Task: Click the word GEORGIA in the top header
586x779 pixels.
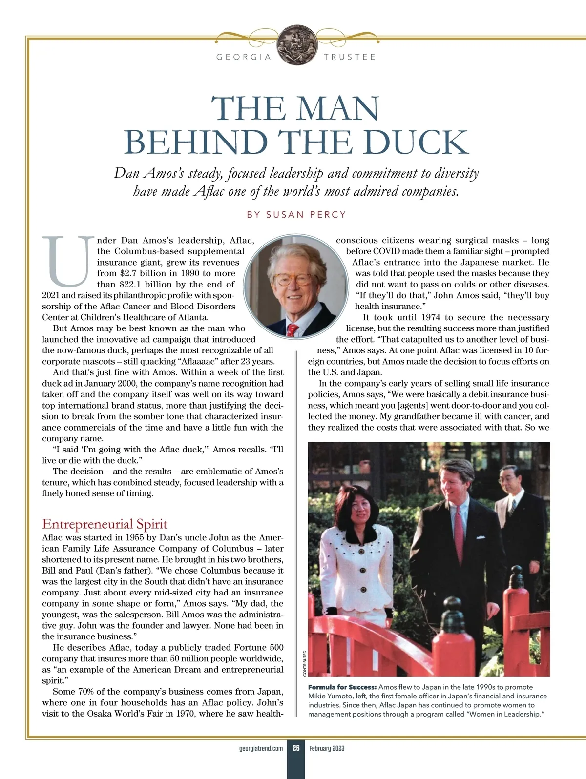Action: click(x=244, y=57)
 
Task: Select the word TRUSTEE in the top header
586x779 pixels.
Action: click(x=350, y=57)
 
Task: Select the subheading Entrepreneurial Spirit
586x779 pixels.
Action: click(x=105, y=524)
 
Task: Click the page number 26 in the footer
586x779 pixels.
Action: click(x=296, y=748)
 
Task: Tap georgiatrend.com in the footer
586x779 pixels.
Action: click(x=261, y=748)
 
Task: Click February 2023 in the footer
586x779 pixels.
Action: click(x=327, y=748)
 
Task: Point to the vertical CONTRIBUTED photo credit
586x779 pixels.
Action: click(x=304, y=663)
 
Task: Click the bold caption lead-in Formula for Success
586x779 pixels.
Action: click(x=342, y=687)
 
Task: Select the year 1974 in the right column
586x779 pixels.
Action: click(x=427, y=317)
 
